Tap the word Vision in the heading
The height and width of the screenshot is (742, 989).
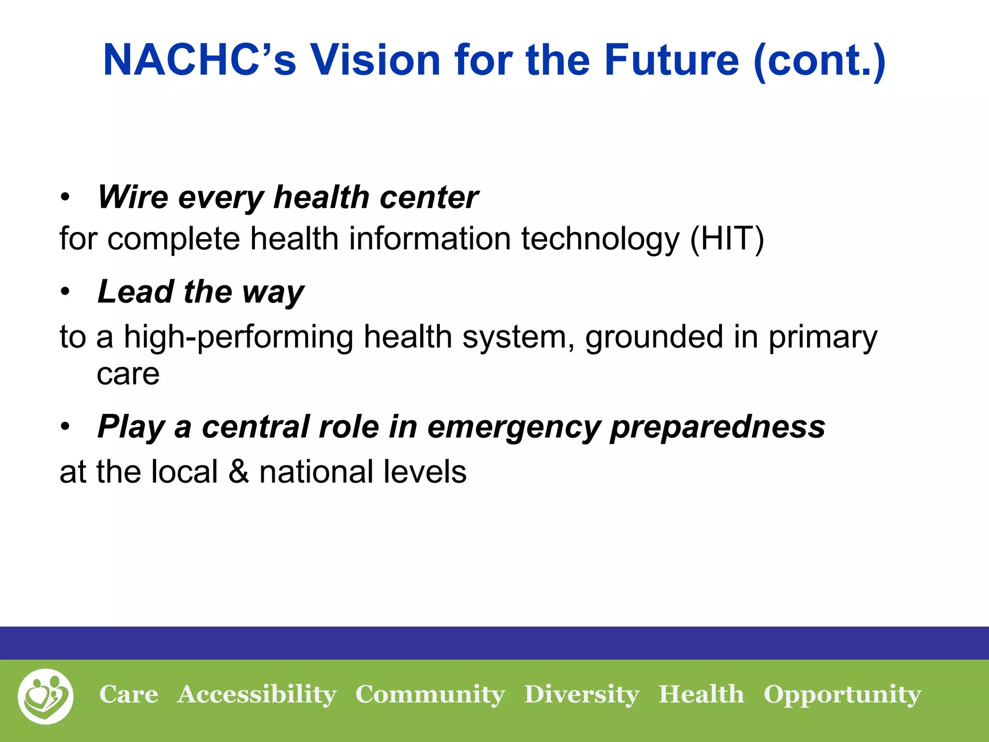tap(374, 60)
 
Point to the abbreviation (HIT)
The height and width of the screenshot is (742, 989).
tap(727, 239)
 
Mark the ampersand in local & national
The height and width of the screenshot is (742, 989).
tap(239, 471)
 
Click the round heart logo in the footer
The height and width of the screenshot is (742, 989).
tap(46, 696)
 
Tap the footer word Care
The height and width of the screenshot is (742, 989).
tap(128, 694)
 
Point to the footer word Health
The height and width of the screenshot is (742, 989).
tap(701, 694)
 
